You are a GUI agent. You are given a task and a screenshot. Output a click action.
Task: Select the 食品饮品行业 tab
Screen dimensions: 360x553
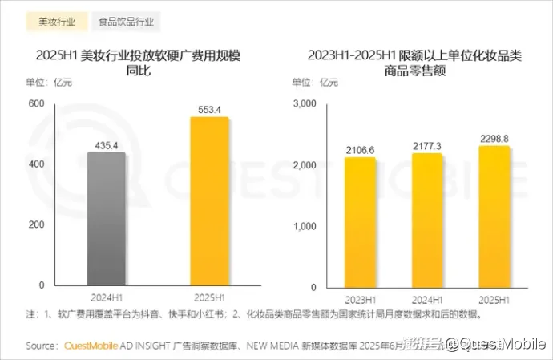(127, 22)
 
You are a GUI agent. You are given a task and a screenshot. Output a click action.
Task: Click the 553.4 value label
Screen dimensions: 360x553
(209, 109)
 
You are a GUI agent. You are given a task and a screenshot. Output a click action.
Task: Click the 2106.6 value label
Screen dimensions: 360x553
(361, 150)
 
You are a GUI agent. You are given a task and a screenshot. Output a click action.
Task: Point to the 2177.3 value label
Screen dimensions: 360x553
(427, 146)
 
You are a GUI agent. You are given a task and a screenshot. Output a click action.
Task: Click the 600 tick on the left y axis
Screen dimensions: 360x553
(36, 103)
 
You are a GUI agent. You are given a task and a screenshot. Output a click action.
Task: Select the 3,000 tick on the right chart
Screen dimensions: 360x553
(306, 103)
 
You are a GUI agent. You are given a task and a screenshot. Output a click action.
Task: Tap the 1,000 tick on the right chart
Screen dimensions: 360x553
(306, 225)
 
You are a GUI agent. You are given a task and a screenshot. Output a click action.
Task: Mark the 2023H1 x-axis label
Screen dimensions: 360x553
(361, 300)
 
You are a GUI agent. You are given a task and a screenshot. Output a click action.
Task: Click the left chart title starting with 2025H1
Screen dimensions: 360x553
(139, 63)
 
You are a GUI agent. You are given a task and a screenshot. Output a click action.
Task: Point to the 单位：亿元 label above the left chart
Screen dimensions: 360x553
(50, 82)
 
